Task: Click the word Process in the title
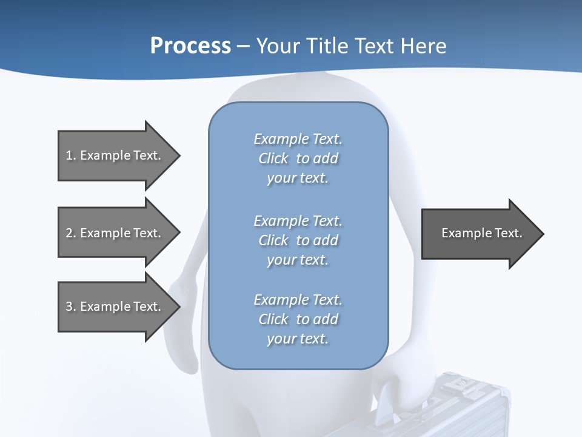(x=190, y=46)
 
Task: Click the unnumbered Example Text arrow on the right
(x=481, y=233)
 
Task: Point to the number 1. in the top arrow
(x=71, y=155)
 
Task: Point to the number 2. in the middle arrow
(x=71, y=233)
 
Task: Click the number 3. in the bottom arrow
(x=71, y=307)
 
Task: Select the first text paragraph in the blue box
(x=298, y=158)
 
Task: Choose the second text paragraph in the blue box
(x=298, y=240)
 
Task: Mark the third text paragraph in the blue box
(x=298, y=319)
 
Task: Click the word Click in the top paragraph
(x=273, y=158)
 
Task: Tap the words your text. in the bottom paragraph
(x=298, y=339)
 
